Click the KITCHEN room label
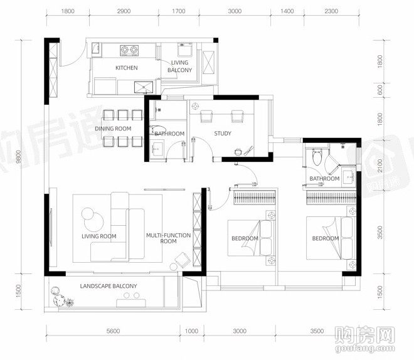pyautogui.click(x=127, y=68)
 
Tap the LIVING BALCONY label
pyautogui.click(x=179, y=66)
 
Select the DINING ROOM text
pyautogui.click(x=113, y=129)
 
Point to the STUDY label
pyautogui.click(x=223, y=134)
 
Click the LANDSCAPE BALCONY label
pyautogui.click(x=109, y=286)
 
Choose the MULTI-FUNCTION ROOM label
pyautogui.click(x=169, y=238)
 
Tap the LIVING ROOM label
pyautogui.click(x=99, y=236)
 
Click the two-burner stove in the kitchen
pyautogui.click(x=129, y=50)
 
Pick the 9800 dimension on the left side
pyautogui.click(x=18, y=157)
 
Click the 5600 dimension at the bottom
pyautogui.click(x=114, y=331)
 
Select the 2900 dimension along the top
pyautogui.click(x=124, y=11)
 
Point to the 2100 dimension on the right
pyautogui.click(x=380, y=166)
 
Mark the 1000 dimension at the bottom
pyautogui.click(x=191, y=331)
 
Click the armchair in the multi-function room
pyautogui.click(x=183, y=260)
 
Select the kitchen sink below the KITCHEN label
pyautogui.click(x=144, y=87)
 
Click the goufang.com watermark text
pyautogui.click(x=365, y=348)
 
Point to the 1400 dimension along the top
pyautogui.click(x=287, y=11)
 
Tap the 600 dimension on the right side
pyautogui.click(x=380, y=90)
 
